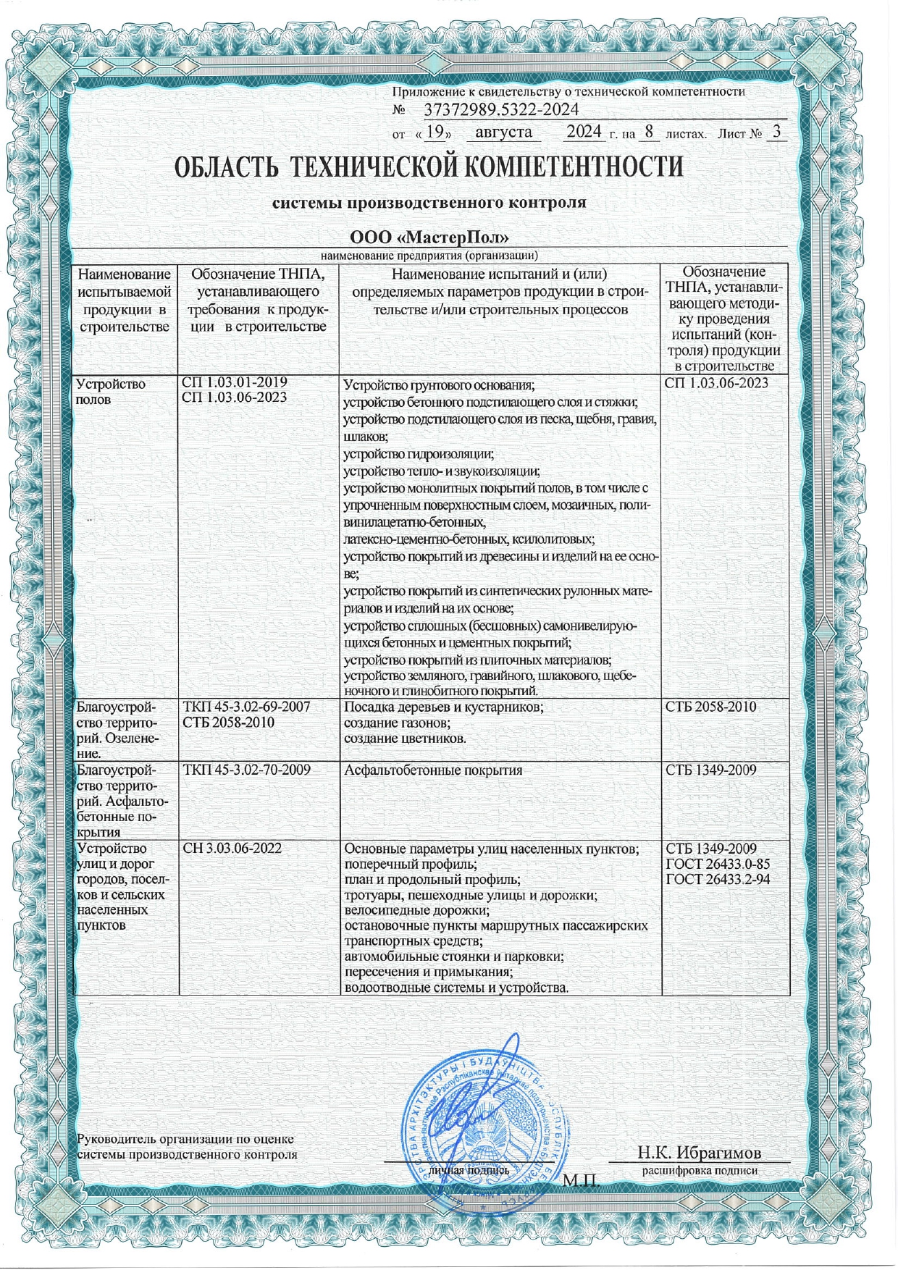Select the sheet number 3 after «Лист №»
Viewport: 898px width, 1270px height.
click(x=776, y=133)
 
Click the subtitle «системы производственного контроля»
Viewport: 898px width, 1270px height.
click(x=428, y=203)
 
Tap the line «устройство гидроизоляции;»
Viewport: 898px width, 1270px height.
click(x=418, y=455)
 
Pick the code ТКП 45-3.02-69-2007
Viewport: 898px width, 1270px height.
click(x=247, y=707)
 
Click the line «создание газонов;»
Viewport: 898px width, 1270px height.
click(x=397, y=723)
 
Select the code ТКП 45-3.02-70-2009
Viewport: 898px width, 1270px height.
click(x=247, y=770)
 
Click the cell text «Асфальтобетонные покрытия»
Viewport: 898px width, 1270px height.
click(x=433, y=770)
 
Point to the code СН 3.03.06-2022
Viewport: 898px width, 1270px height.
click(x=232, y=849)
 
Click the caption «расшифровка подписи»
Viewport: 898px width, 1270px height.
click(x=699, y=1170)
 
